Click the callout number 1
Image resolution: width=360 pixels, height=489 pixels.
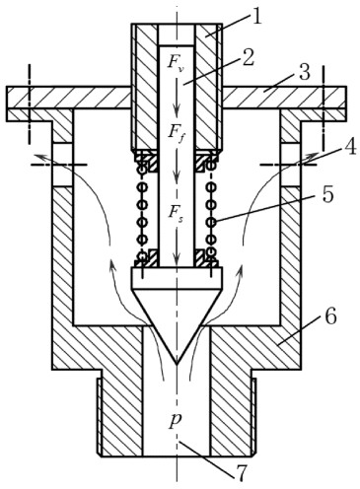click(x=256, y=17)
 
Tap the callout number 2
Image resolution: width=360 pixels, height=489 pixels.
click(x=248, y=58)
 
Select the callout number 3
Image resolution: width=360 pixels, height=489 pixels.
click(x=305, y=72)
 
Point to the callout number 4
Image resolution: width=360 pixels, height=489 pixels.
click(x=349, y=148)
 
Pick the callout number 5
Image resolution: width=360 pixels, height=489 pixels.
click(x=327, y=194)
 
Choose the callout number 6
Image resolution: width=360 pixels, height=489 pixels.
click(x=330, y=317)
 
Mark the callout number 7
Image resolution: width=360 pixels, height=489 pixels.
click(x=241, y=473)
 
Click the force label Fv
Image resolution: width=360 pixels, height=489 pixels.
click(x=176, y=62)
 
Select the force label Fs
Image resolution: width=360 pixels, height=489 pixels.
click(x=176, y=212)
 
